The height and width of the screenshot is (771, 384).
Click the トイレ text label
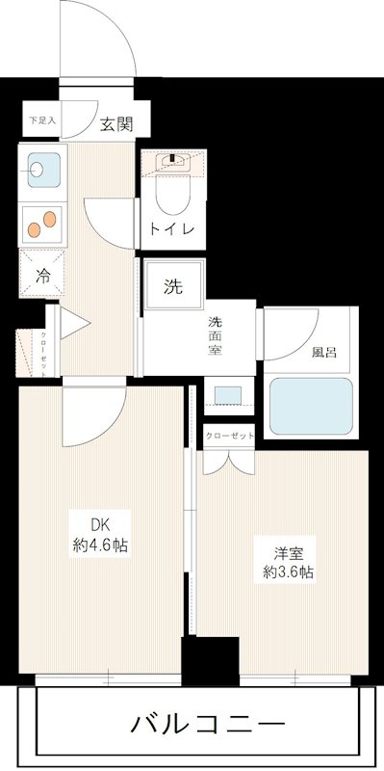[x=171, y=230]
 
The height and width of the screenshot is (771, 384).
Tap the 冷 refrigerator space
[x=39, y=273]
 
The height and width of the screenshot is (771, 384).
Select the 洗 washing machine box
[x=173, y=285]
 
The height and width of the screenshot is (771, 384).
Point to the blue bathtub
[x=310, y=406]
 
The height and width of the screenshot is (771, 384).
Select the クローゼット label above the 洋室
[x=229, y=435]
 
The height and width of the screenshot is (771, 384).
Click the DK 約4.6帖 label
[x=102, y=536]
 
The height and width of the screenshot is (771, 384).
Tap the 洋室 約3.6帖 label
[x=289, y=563]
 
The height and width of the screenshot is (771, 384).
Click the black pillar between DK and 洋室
[x=210, y=662]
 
